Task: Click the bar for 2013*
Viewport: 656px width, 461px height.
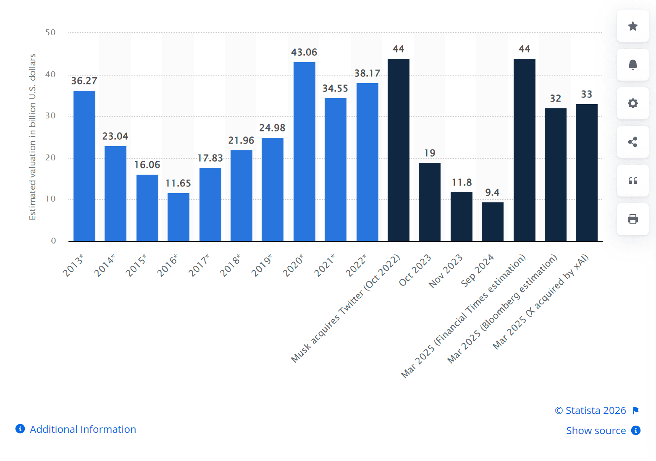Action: click(84, 166)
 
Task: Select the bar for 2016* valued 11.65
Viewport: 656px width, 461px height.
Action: click(178, 217)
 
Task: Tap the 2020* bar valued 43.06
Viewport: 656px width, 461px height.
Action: click(304, 152)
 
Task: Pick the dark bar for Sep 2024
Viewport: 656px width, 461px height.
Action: click(493, 222)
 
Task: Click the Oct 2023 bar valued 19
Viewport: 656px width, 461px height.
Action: click(430, 202)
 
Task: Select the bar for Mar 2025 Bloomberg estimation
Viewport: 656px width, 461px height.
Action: click(556, 175)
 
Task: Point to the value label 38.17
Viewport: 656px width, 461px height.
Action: click(367, 73)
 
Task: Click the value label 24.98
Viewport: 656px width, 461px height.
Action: click(272, 128)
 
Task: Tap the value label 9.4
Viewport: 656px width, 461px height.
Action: click(492, 193)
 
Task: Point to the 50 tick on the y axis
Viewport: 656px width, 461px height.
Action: click(50, 33)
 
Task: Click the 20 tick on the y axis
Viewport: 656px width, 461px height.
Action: click(50, 158)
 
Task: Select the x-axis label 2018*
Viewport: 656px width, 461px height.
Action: click(231, 265)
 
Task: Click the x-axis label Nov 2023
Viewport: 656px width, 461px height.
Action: click(446, 271)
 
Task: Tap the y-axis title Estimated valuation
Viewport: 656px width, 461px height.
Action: click(33, 137)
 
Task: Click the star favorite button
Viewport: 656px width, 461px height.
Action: click(632, 26)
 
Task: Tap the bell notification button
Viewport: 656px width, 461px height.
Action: click(632, 65)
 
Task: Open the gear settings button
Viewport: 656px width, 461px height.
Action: click(632, 103)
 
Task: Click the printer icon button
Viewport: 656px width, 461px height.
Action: click(632, 219)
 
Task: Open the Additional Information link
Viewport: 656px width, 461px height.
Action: click(83, 430)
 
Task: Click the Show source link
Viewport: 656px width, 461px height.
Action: click(596, 431)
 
